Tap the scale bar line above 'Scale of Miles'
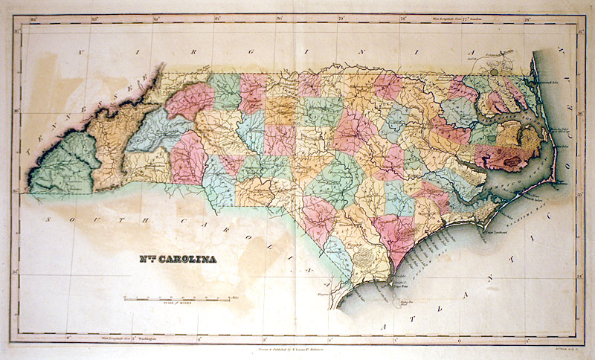click(177, 299)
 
